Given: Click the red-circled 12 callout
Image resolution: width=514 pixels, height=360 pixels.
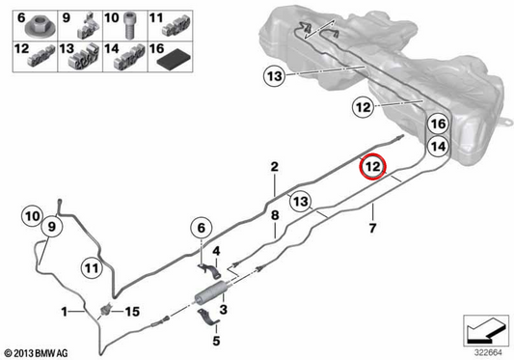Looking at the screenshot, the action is (372, 166).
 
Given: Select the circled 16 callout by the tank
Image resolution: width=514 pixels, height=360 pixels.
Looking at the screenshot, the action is (438, 125).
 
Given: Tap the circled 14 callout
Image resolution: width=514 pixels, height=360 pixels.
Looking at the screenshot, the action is (438, 147).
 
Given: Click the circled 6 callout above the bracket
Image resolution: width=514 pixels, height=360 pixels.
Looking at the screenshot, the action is (202, 228).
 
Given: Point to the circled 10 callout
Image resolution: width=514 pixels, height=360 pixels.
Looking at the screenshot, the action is (32, 216).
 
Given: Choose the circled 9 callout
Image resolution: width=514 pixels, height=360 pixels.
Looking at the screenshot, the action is (51, 226).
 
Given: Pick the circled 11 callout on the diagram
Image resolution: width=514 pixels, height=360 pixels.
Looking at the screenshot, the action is (92, 268).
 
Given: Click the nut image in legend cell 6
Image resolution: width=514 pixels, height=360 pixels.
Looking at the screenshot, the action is (40, 27).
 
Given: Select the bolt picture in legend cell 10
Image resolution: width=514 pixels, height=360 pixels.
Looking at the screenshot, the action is (129, 25).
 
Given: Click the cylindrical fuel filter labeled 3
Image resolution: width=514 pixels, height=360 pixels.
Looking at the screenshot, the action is (211, 292).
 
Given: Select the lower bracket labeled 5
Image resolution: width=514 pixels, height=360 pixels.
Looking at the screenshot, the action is (208, 318).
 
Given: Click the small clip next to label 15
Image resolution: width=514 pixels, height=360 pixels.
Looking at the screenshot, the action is (106, 310).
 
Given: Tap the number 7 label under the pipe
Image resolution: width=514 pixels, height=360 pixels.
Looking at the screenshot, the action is (372, 228).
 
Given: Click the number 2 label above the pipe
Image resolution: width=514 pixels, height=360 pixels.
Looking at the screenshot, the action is (275, 167).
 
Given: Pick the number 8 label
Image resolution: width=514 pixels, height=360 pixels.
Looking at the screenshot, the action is (275, 215).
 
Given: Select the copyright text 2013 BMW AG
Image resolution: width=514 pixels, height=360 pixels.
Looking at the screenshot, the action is (37, 353).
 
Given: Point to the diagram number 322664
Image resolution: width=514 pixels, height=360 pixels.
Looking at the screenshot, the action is (488, 353).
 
